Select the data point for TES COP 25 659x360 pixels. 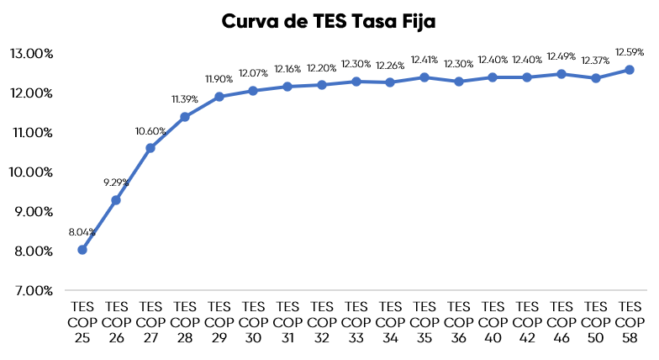(82, 250)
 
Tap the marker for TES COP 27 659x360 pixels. (150, 148)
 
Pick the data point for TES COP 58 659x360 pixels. (630, 70)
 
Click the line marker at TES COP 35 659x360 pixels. (424, 77)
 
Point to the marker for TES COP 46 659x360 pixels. (561, 74)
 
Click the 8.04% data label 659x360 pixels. (82, 232)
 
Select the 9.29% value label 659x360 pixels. (116, 183)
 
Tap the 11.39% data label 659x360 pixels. (185, 99)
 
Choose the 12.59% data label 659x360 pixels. (630, 52)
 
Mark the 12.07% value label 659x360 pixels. (253, 73)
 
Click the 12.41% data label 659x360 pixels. (424, 60)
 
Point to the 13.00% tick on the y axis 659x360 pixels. (31, 53)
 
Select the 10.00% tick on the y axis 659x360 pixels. (31, 172)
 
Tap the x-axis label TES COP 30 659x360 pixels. (253, 320)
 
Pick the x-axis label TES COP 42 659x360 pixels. (527, 320)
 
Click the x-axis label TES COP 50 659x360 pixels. (595, 320)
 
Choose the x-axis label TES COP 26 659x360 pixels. (116, 320)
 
